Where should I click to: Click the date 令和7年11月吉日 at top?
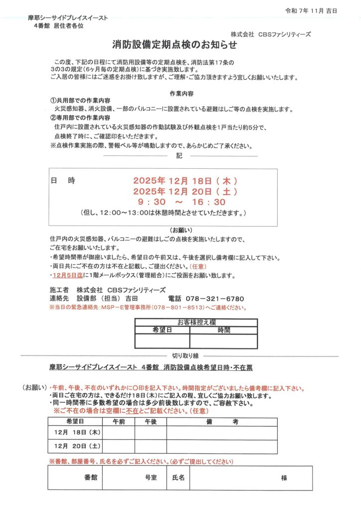point(318,10)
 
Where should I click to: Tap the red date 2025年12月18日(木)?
point(185,181)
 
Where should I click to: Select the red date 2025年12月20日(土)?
point(185,191)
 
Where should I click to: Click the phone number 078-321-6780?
point(214,299)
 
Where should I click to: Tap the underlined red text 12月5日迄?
point(70,275)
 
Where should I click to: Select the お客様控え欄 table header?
point(196,322)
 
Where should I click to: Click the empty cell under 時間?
point(223,341)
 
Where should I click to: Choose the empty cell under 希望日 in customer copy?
point(162,341)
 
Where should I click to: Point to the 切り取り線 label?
point(185,355)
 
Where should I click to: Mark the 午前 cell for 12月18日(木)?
point(118,432)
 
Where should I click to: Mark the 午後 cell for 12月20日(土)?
point(150,446)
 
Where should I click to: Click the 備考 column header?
point(222,421)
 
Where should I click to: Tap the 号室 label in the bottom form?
point(151,478)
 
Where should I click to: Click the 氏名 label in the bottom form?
point(178,478)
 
